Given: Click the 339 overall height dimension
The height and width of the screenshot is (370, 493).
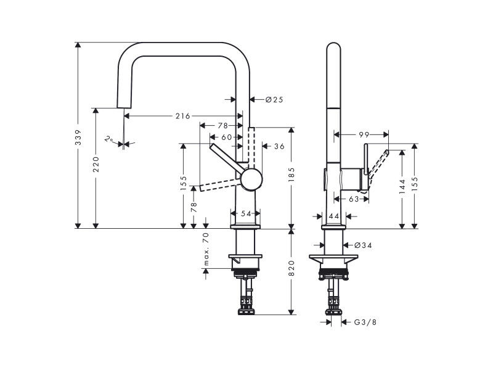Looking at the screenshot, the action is pos(79,137).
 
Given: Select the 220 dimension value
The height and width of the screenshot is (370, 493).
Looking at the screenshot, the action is pos(96,164).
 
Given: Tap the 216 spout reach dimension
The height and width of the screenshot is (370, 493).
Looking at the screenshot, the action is pos(182,116).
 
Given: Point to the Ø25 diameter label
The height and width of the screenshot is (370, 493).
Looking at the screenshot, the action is pos(274,100).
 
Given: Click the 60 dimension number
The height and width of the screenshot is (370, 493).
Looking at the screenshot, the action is pos(227,137).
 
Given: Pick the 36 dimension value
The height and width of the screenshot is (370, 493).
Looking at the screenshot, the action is pos(279,146).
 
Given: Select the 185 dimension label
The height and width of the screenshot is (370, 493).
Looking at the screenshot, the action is pos(291,175).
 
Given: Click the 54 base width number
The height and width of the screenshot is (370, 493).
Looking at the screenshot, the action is pos(246,213).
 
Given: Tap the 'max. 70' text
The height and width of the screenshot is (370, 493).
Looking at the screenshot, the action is pos(206,249).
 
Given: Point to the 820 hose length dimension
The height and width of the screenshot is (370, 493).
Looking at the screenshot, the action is pos(291,268).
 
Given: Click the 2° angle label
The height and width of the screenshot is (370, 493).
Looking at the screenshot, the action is pos(109,139).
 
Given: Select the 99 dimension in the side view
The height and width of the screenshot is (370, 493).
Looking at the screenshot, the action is pos(364,134).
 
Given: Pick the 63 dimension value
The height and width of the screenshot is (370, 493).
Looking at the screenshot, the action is pos(354,199).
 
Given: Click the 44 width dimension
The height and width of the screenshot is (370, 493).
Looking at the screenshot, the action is pos(334,216).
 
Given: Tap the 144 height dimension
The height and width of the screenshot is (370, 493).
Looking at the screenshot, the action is pos(402,186).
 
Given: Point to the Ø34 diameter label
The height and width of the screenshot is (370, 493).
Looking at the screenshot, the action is pos(363,245).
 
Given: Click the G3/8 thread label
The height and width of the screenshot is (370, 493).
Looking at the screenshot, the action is pos(365,322).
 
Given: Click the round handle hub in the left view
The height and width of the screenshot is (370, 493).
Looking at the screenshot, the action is pos(251,179).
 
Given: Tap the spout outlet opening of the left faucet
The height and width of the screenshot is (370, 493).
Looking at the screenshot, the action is pos(124,107).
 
